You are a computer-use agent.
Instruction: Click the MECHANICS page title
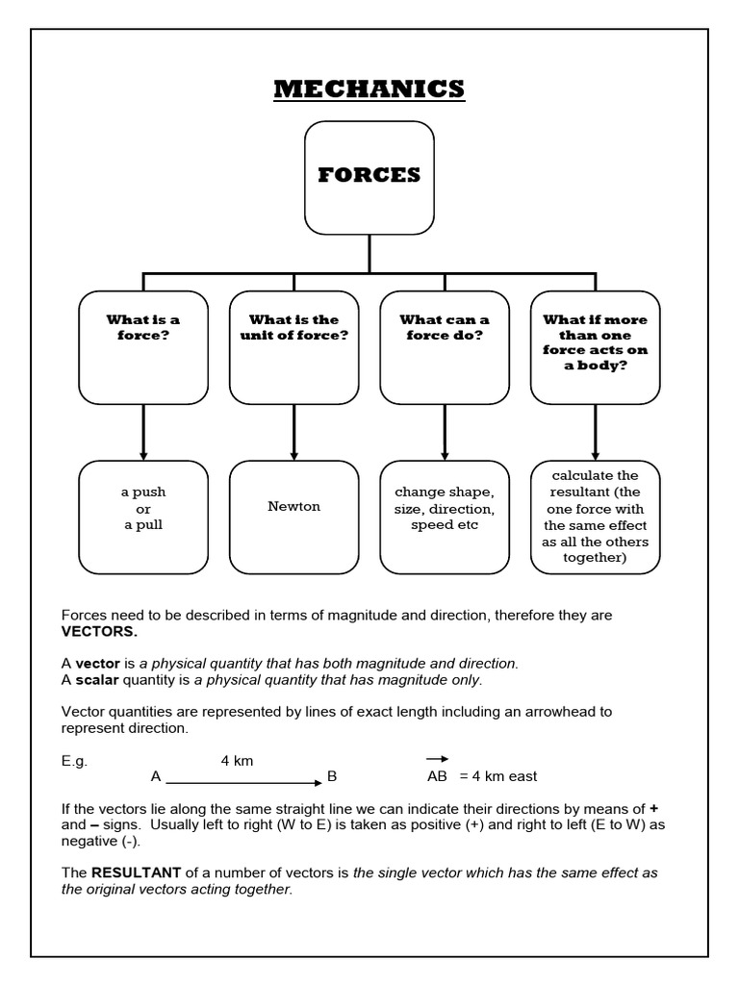369,89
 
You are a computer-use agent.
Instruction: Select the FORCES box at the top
369,178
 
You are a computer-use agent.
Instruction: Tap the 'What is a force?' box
143,346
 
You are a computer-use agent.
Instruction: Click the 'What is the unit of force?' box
293,346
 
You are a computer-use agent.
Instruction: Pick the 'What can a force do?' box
444,346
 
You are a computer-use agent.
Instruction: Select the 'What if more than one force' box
595,346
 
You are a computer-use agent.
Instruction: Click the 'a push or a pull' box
143,517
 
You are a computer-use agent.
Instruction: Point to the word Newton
293,506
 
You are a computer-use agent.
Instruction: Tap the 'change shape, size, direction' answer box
444,517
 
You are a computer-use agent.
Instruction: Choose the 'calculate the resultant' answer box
595,517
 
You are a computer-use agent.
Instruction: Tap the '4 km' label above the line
237,760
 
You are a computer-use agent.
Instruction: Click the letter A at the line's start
156,775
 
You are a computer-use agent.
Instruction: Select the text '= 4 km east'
497,776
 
